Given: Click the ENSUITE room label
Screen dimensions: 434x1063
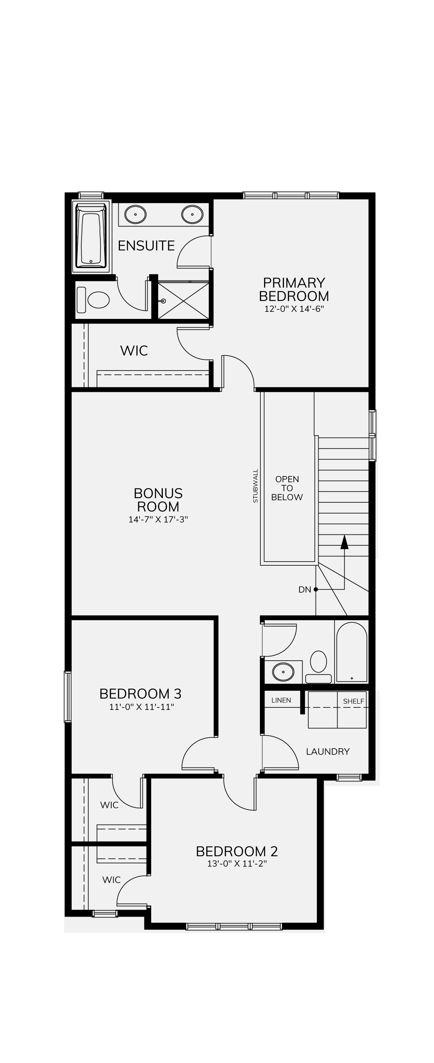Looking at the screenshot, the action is click(146, 246).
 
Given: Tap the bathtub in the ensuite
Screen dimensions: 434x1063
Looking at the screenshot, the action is click(91, 236).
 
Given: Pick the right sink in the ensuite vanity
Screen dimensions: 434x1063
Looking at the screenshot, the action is click(192, 214).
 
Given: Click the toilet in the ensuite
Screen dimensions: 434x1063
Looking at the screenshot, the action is click(94, 299).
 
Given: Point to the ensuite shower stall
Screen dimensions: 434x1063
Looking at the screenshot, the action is click(183, 301).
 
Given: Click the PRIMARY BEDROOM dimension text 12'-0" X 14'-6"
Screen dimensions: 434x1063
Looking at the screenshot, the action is click(294, 309).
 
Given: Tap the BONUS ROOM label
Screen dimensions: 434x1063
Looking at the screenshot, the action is click(158, 500).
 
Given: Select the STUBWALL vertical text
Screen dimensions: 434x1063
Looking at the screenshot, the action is click(255, 486).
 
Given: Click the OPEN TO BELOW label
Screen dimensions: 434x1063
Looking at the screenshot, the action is click(287, 488).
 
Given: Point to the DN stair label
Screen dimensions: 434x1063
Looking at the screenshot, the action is click(305, 589).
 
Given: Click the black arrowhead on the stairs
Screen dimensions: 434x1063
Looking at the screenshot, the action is click(344, 542).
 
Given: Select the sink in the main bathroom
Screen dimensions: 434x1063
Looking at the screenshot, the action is click(283, 672).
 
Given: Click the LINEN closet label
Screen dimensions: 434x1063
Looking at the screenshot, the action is click(281, 700).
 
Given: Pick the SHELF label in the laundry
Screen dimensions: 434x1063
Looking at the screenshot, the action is click(354, 701).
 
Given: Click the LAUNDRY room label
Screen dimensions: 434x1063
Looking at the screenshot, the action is click(328, 751).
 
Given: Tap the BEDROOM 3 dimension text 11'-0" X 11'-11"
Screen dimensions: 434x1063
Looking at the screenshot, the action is click(142, 707).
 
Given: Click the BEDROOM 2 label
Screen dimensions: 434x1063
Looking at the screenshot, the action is click(237, 851).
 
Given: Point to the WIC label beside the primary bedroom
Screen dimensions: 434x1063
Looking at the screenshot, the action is click(134, 351).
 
